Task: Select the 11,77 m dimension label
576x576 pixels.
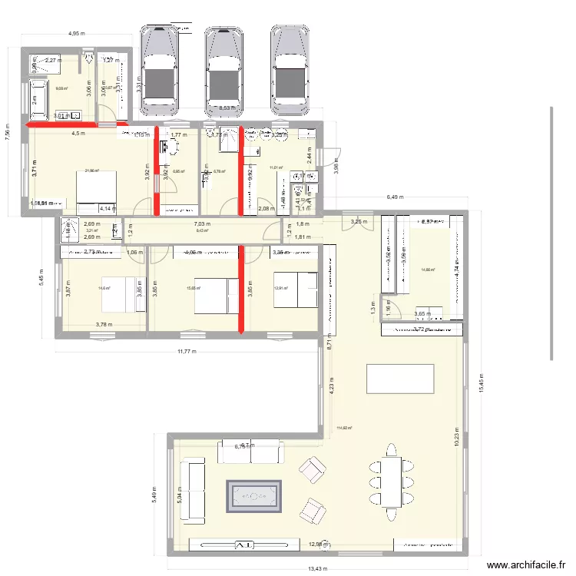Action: (185, 352)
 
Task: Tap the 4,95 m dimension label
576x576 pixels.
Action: (77, 34)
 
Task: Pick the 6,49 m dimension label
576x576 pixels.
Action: (394, 197)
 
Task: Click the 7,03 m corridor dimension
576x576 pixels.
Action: (204, 223)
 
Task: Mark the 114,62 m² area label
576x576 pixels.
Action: (344, 429)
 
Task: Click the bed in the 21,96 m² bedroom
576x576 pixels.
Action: (96, 187)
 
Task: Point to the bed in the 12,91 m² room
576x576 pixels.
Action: (296, 290)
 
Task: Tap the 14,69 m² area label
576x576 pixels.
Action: (428, 270)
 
